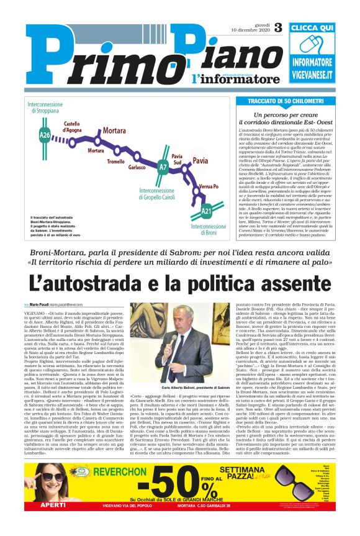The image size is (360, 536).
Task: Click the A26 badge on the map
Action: (45, 134)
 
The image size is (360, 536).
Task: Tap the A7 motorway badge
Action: (163, 167)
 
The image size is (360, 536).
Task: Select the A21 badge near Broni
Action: (206, 212)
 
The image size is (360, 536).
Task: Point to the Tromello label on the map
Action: (115, 161)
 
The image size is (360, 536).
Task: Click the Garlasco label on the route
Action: (137, 167)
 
